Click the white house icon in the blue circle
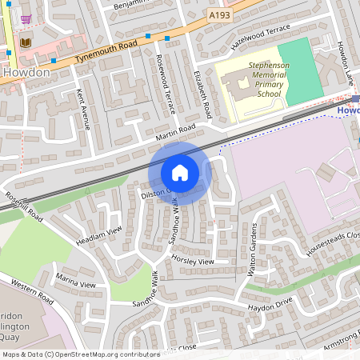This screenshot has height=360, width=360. (180, 173)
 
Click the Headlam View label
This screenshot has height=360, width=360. (99, 237)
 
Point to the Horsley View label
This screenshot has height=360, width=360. (193, 261)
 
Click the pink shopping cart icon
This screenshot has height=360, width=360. (26, 18)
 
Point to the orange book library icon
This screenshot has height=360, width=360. (26, 42)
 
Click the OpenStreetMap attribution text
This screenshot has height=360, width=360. (80, 354)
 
